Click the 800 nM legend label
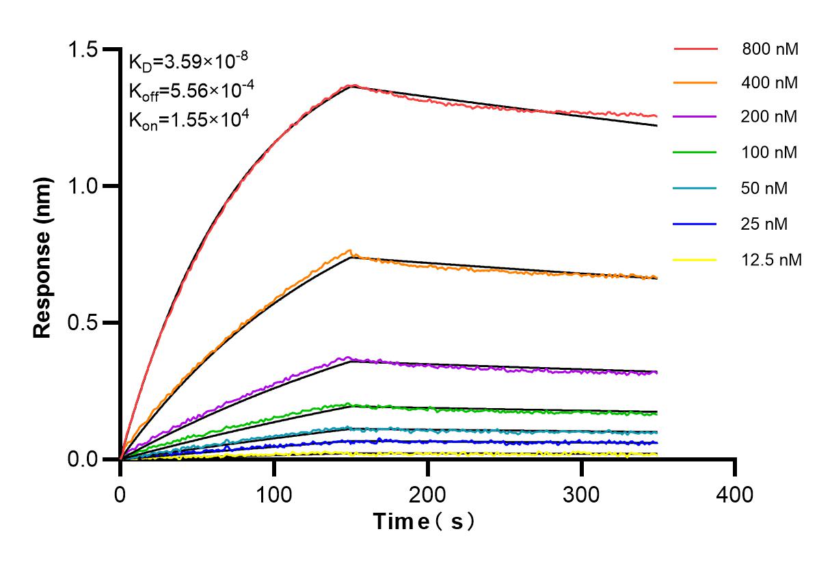(x=770, y=49)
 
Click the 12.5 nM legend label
(x=770, y=260)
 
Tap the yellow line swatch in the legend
(x=695, y=260)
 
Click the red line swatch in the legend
(x=695, y=49)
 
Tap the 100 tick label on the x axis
(x=274, y=494)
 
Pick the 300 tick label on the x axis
(x=582, y=494)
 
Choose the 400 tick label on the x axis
(x=735, y=494)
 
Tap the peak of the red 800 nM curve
(x=351, y=85)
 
